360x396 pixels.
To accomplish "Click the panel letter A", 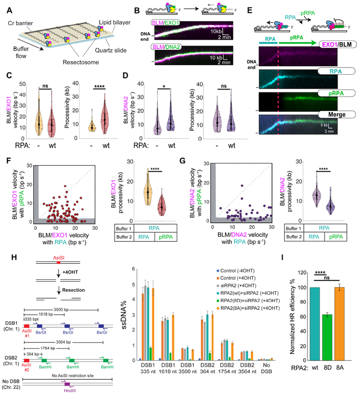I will (4, 4).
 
